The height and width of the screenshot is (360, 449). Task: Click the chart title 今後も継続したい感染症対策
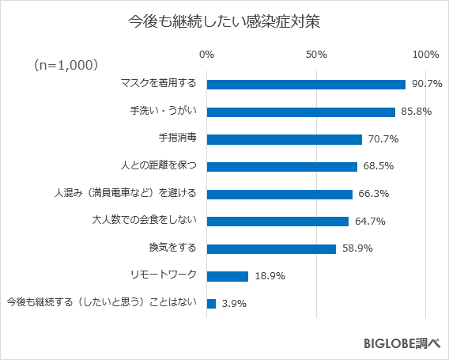[224, 21]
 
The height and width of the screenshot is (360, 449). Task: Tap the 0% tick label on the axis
[207, 54]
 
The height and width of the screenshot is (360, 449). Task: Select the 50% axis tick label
[316, 54]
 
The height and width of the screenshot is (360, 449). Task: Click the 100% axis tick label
[425, 54]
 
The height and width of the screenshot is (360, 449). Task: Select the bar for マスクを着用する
[306, 84]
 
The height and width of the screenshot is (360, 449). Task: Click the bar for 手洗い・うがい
[300, 112]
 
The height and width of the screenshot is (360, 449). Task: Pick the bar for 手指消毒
[285, 139]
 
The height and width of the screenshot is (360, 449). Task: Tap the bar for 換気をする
[271, 248]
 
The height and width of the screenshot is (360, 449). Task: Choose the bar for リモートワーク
[228, 276]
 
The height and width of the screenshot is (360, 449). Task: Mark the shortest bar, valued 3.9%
[211, 304]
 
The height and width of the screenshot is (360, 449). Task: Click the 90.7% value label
[426, 84]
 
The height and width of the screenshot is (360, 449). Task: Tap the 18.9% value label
[269, 276]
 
